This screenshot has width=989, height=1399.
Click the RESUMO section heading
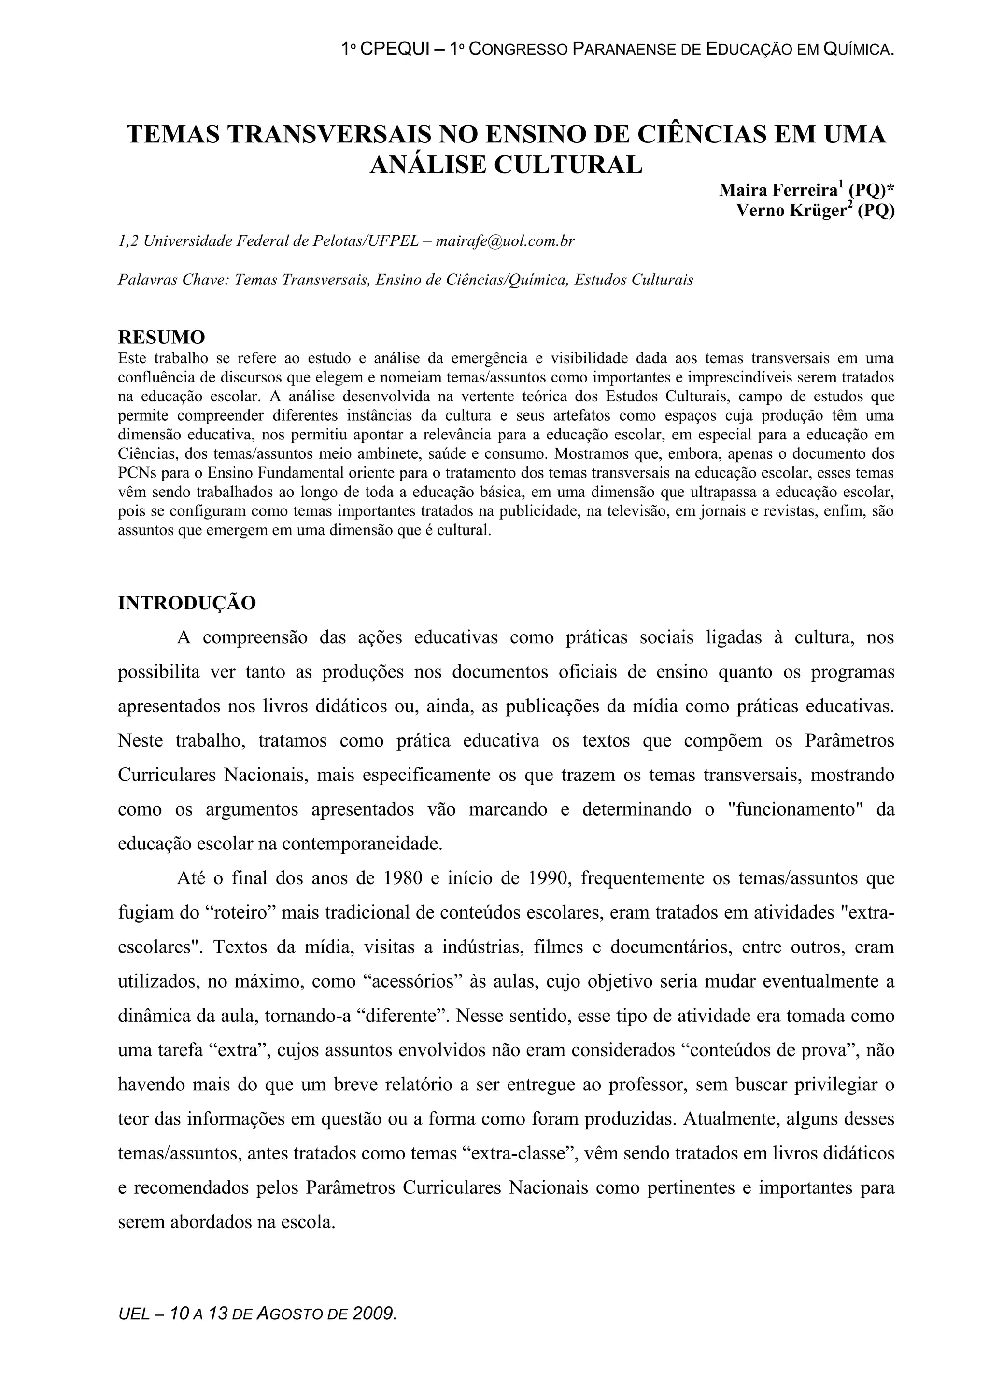(161, 337)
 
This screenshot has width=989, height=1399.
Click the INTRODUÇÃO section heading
(186, 603)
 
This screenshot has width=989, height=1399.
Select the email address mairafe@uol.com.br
(505, 241)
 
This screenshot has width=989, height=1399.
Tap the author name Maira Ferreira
(777, 191)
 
